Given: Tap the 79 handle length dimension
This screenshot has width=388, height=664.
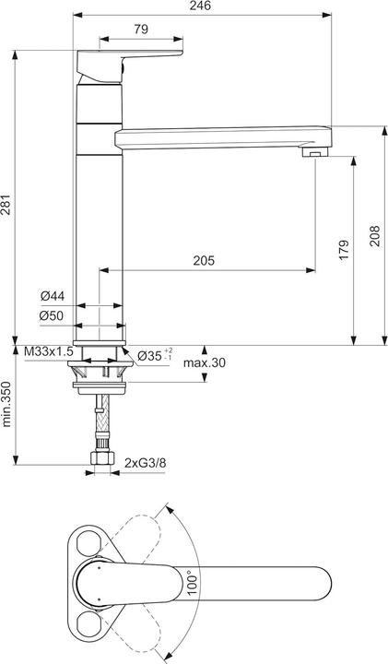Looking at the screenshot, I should (140, 30).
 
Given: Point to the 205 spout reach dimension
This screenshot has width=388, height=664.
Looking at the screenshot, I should (204, 261).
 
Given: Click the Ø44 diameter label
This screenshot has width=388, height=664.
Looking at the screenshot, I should (52, 296).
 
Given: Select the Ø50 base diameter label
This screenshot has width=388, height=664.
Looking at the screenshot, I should (52, 316).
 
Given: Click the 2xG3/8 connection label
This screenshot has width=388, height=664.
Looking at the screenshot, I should (146, 460).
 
